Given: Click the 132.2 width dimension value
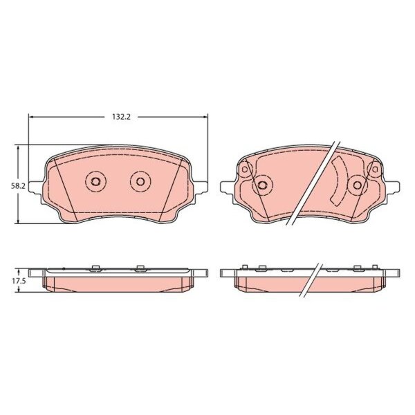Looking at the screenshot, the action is tap(121, 117).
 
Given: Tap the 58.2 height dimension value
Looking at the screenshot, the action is tap(18, 186).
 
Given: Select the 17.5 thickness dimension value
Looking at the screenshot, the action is tap(18, 281).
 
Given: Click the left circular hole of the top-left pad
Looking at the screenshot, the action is tap(95, 181).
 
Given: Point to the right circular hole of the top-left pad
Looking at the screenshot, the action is tap(140, 181).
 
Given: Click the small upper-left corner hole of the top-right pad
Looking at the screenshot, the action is tap(245, 169).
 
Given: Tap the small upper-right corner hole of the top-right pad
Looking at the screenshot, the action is tap(374, 169).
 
